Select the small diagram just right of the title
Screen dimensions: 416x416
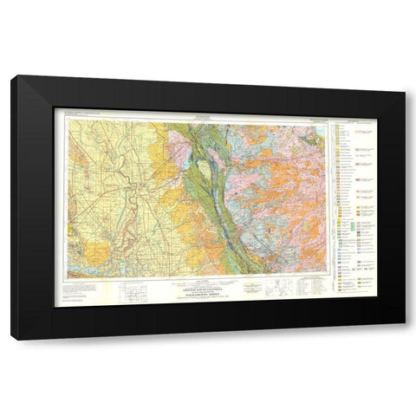pos(274,290)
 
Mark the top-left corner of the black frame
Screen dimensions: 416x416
pos(13,77)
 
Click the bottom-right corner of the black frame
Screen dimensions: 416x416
pos(404,337)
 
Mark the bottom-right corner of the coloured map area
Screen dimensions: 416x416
pos(330,276)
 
